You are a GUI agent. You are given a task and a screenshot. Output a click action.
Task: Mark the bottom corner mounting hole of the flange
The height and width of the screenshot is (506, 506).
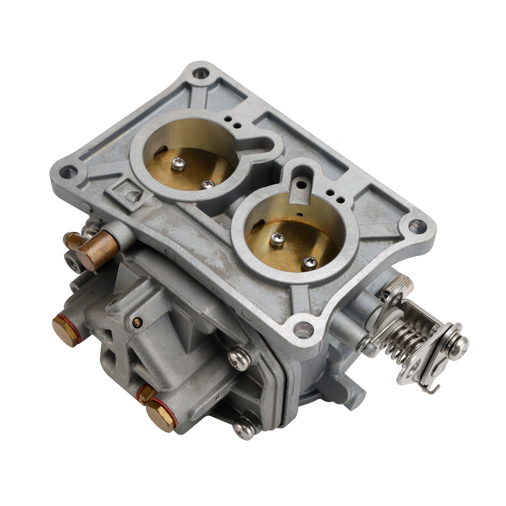(303, 329)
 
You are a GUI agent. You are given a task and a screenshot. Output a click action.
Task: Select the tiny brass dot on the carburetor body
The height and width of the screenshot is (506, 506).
(137, 323)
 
